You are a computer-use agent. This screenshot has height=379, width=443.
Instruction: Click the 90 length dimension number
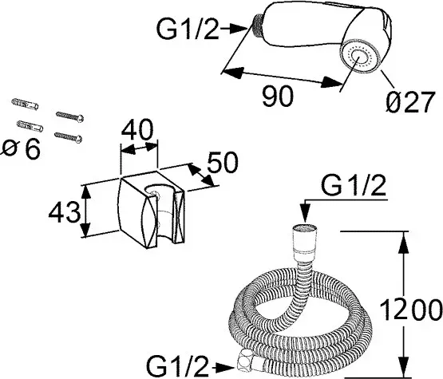pyautogui.click(x=278, y=97)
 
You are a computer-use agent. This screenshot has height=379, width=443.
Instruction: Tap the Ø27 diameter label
pyautogui.click(x=409, y=102)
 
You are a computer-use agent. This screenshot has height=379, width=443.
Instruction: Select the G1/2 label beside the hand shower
pyautogui.click(x=188, y=28)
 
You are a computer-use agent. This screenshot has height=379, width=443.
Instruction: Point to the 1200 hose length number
pyautogui.click(x=411, y=310)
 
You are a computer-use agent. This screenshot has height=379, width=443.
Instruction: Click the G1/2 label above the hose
pyautogui.click(x=354, y=186)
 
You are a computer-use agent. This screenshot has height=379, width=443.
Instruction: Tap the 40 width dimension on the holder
pyautogui.click(x=137, y=130)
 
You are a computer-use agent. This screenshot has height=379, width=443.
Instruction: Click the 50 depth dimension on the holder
pyautogui.click(x=223, y=162)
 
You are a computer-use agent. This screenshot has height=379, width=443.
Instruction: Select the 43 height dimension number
pyautogui.click(x=65, y=212)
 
